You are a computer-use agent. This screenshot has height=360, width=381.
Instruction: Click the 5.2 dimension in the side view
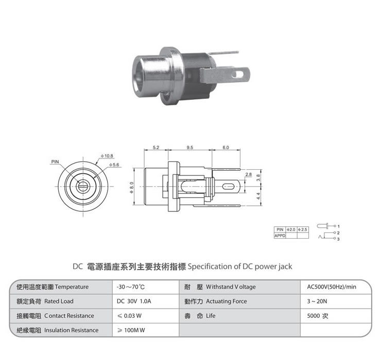coord(156,148)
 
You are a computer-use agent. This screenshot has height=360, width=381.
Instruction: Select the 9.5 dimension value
coord(190,148)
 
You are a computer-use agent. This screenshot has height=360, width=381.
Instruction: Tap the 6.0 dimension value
coord(226,148)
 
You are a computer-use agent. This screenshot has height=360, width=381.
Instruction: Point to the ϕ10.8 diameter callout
coord(107,156)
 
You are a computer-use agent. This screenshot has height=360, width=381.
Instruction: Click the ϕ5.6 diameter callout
coord(114,165)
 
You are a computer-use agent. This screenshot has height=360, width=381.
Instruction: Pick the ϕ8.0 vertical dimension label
coord(132,188)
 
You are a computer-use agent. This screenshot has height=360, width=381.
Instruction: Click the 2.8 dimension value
coord(249,174)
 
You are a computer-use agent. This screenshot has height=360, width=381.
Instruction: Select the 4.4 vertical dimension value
coord(258,196)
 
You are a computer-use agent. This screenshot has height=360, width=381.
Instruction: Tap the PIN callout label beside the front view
coord(55,161)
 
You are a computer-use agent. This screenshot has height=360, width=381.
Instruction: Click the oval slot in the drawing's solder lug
coord(229,187)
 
